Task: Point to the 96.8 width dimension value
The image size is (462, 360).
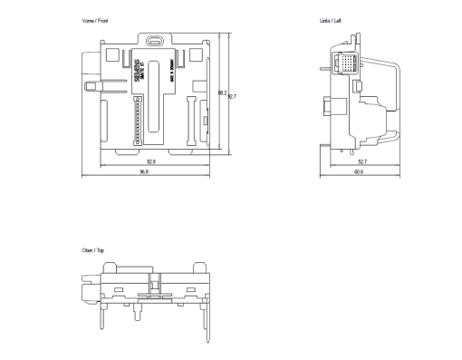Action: tap(144, 172)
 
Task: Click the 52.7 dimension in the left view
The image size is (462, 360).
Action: tap(362, 161)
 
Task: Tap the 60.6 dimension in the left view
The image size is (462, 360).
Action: tap(360, 172)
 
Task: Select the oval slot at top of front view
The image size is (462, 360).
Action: tap(154, 41)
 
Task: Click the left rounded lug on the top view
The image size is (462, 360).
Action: tap(109, 267)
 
